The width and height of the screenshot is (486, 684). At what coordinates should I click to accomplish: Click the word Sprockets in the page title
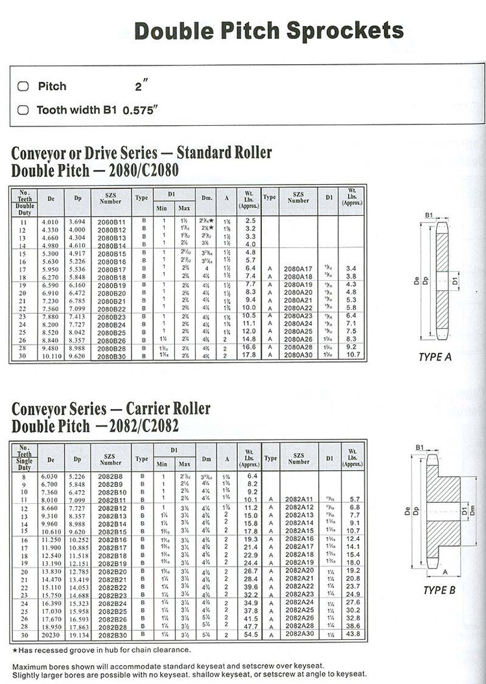tap(345, 30)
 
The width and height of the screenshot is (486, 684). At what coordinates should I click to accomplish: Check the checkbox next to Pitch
tap(23, 86)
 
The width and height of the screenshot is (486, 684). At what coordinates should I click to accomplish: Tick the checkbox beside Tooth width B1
tap(23, 110)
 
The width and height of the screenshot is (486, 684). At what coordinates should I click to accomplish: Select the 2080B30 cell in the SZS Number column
tap(111, 356)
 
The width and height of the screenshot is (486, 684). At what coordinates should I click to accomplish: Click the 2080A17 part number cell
tap(298, 268)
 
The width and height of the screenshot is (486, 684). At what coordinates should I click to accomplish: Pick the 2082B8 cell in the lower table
tap(111, 476)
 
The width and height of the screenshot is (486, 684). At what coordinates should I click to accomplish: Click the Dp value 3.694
tap(77, 221)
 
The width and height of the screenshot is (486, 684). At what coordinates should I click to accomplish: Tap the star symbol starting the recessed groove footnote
tap(15, 650)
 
